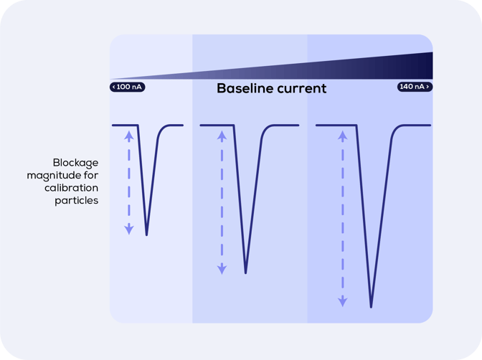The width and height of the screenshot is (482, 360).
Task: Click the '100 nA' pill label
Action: coord(127,87)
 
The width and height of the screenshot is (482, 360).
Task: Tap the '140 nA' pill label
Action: coord(415,87)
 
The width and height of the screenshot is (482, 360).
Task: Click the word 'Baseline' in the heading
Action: coord(245,88)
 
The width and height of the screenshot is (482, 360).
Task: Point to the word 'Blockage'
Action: coord(75,163)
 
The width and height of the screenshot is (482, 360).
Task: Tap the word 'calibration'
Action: coord(71,188)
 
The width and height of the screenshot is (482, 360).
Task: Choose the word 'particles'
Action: coord(77,201)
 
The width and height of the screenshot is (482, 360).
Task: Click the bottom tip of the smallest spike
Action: coord(146,235)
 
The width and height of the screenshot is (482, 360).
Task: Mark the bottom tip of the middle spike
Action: coord(245,273)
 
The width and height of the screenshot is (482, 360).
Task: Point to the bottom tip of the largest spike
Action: coord(371,306)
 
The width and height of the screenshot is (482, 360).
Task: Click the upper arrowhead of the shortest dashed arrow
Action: coord(129,136)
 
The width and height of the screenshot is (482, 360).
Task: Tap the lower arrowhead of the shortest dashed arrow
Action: coord(129,229)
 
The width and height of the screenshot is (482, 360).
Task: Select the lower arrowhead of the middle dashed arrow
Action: coord(222,269)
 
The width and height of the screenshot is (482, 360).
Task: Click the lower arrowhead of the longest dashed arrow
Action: coord(343,302)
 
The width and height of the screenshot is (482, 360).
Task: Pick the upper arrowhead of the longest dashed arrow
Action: coord(343,136)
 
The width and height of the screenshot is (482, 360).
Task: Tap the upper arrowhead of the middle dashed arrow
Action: coord(222,136)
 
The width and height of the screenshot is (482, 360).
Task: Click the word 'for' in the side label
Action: coord(91,175)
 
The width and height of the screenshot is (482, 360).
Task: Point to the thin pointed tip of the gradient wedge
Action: coord(110,79)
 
